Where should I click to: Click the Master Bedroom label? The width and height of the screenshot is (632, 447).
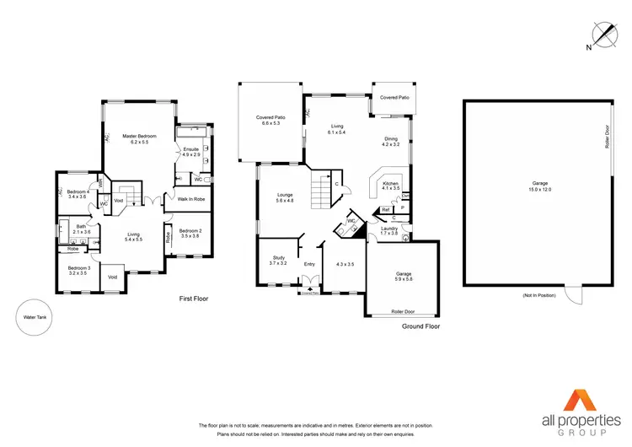tap(139, 139)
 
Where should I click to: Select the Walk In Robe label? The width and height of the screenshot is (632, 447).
tap(190, 199)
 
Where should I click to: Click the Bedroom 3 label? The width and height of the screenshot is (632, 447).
tap(78, 272)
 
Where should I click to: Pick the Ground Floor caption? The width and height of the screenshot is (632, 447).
tap(420, 326)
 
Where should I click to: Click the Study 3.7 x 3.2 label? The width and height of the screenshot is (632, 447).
tap(278, 261)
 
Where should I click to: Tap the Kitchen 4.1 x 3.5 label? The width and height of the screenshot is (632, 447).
tap(390, 186)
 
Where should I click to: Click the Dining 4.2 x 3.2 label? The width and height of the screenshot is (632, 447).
tap(390, 142)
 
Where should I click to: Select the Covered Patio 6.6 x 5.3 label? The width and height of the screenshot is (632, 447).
tap(270, 121)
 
